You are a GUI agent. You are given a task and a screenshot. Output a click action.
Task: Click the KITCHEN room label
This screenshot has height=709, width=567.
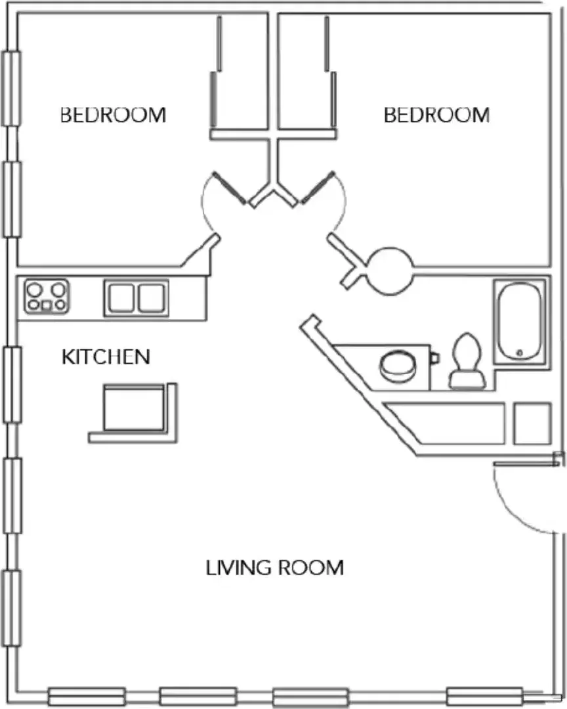[x=106, y=356]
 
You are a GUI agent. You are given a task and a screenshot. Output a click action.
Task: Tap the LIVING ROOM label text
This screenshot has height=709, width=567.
[x=275, y=568]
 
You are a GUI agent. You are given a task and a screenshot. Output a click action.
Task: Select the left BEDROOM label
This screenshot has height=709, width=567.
[x=113, y=115]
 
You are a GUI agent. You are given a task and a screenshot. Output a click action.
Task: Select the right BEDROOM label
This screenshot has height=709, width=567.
[x=437, y=115]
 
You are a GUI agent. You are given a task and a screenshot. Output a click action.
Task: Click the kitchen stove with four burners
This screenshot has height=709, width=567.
[x=47, y=297]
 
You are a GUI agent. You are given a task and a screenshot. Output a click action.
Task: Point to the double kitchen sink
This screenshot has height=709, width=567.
[x=136, y=298]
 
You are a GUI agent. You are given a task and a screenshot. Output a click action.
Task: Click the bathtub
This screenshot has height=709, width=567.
[x=520, y=322]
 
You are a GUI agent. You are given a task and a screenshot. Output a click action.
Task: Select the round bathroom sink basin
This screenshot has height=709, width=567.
[x=398, y=366]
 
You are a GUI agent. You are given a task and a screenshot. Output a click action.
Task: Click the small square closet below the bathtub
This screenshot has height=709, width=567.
[x=533, y=423]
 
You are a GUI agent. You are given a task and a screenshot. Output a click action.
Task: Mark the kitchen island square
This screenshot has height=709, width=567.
[x=134, y=408]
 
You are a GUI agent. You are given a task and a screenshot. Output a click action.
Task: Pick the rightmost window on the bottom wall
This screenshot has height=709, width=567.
[x=484, y=697]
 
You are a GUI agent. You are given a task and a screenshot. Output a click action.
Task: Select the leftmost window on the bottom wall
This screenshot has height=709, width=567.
[x=87, y=697]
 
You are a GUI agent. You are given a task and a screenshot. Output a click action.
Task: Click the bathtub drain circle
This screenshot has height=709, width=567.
[x=520, y=353]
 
